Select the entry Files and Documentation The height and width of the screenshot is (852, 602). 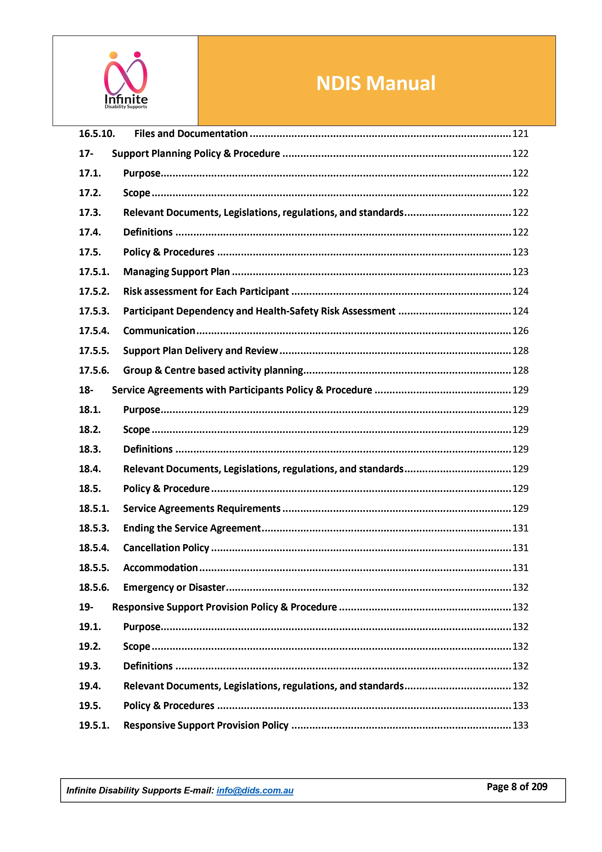(191, 134)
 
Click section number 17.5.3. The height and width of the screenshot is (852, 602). (94, 311)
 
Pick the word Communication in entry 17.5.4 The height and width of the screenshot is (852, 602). (159, 331)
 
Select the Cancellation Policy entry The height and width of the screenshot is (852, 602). (166, 548)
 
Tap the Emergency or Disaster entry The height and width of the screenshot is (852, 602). (174, 587)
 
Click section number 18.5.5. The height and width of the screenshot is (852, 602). (94, 568)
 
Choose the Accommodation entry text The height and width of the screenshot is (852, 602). (161, 568)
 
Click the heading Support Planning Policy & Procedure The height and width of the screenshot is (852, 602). (196, 154)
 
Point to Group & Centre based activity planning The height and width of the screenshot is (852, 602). (213, 370)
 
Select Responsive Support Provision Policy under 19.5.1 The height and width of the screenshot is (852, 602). (206, 725)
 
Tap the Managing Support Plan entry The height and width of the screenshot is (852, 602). (176, 272)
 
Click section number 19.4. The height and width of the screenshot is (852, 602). (90, 686)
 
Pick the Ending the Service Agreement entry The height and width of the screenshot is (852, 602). (192, 528)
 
